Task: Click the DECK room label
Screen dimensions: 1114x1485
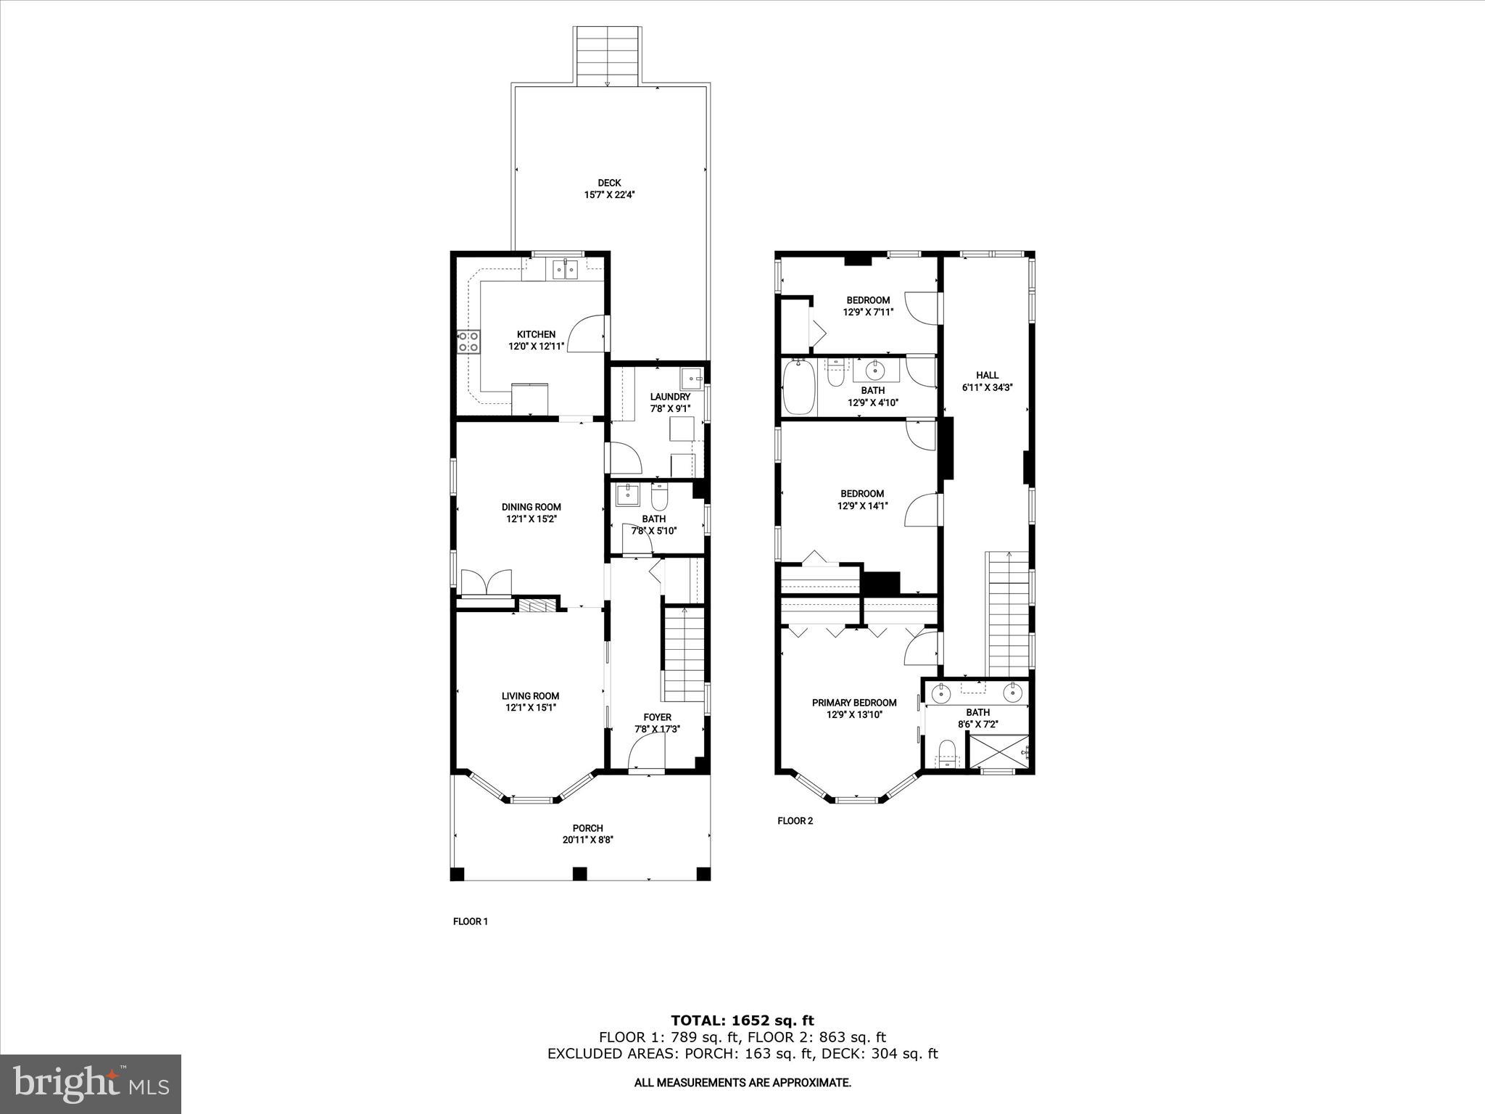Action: [x=609, y=183]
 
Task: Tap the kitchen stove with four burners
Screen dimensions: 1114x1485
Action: [x=468, y=341]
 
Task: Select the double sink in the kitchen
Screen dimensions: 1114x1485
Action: [x=564, y=270]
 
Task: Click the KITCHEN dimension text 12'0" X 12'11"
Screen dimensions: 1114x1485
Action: [x=536, y=347]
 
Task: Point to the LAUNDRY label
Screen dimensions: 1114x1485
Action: [x=670, y=397]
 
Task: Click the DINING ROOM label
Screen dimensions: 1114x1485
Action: [x=531, y=507]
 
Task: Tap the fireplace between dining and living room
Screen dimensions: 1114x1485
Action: [x=537, y=605]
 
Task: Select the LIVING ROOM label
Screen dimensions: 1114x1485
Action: [x=531, y=696]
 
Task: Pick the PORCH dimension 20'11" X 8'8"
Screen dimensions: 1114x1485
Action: [x=587, y=840]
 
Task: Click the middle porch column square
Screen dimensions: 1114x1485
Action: [x=579, y=873]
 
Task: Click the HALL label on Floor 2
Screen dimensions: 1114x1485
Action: [x=987, y=375]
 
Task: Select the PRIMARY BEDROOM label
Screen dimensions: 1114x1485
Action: [x=854, y=702]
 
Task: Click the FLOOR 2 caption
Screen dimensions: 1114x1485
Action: [x=795, y=821]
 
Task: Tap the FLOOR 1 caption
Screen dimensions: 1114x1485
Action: [x=471, y=921]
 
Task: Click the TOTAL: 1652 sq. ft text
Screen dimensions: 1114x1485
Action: [x=742, y=1020]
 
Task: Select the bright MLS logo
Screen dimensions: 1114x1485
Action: [x=91, y=1084]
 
